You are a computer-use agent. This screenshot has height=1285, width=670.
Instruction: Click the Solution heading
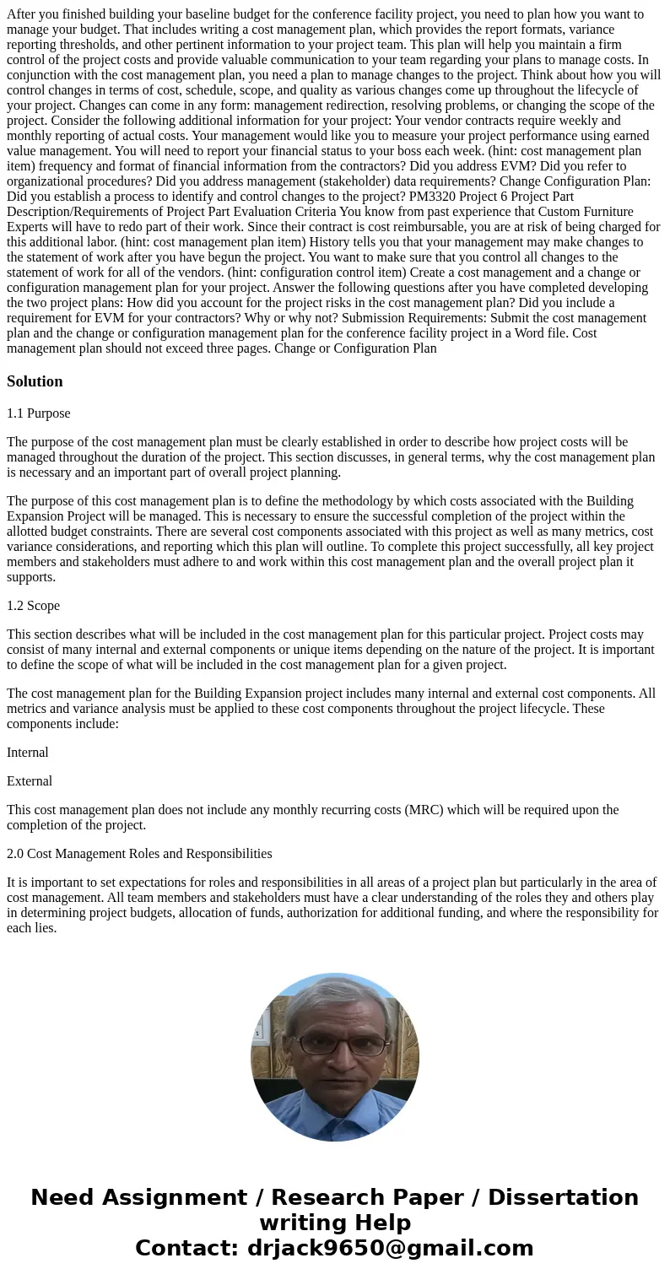[x=35, y=381]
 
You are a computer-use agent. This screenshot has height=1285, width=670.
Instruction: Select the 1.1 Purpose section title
[x=38, y=413]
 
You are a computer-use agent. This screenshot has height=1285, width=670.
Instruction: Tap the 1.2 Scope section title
[x=33, y=606]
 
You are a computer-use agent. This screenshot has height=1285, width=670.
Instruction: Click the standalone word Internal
[x=28, y=753]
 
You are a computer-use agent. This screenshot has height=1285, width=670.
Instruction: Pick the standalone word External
[x=30, y=781]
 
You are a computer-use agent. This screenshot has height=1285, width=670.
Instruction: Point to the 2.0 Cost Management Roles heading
[x=139, y=854]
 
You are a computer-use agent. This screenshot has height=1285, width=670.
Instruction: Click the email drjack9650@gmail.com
[x=390, y=1249]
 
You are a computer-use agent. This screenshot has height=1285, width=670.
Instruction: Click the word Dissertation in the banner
[x=563, y=1198]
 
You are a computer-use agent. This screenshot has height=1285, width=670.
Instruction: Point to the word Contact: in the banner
[x=187, y=1249]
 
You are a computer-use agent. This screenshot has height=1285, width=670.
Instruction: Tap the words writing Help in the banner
[x=335, y=1223]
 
